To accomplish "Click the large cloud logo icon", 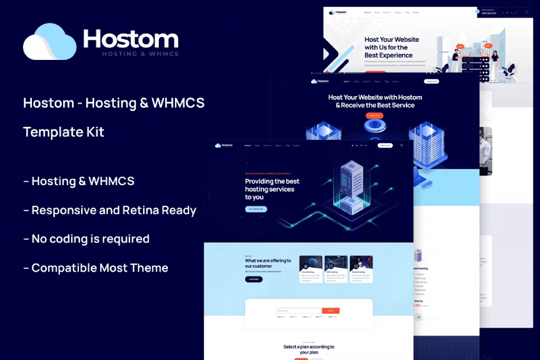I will pos(50,42).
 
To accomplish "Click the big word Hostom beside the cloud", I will pos(131,39).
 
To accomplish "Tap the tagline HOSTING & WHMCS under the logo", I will pos(140,54).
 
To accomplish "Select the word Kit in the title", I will pos(94,132).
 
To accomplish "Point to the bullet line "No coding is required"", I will pos(86,239).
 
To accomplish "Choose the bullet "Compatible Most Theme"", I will pos(96,268).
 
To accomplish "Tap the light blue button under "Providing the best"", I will pos(256,209).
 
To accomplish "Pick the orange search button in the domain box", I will pos(330,311).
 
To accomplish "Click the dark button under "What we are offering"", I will pos(254,279).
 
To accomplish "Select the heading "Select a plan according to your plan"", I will pos(309,349).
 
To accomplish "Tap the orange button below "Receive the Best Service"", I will pos(373,116).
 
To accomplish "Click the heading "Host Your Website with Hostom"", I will pos(375,97).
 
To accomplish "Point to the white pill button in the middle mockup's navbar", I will pos(431,81).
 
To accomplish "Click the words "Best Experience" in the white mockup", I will pos(389,55).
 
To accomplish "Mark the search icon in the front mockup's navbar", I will pos(402,145).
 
